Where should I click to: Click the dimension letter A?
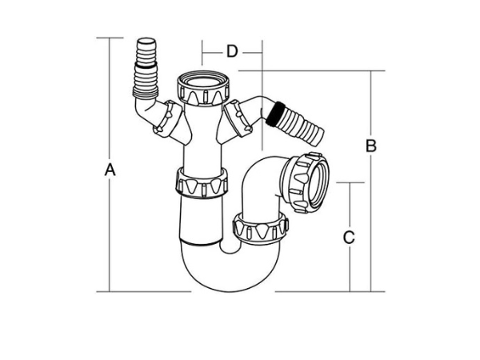(x=110, y=170)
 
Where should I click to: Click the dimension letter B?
(x=370, y=146)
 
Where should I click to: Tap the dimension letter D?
(x=231, y=52)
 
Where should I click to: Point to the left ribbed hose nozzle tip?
(x=148, y=44)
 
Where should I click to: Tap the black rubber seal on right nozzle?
(x=276, y=113)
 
